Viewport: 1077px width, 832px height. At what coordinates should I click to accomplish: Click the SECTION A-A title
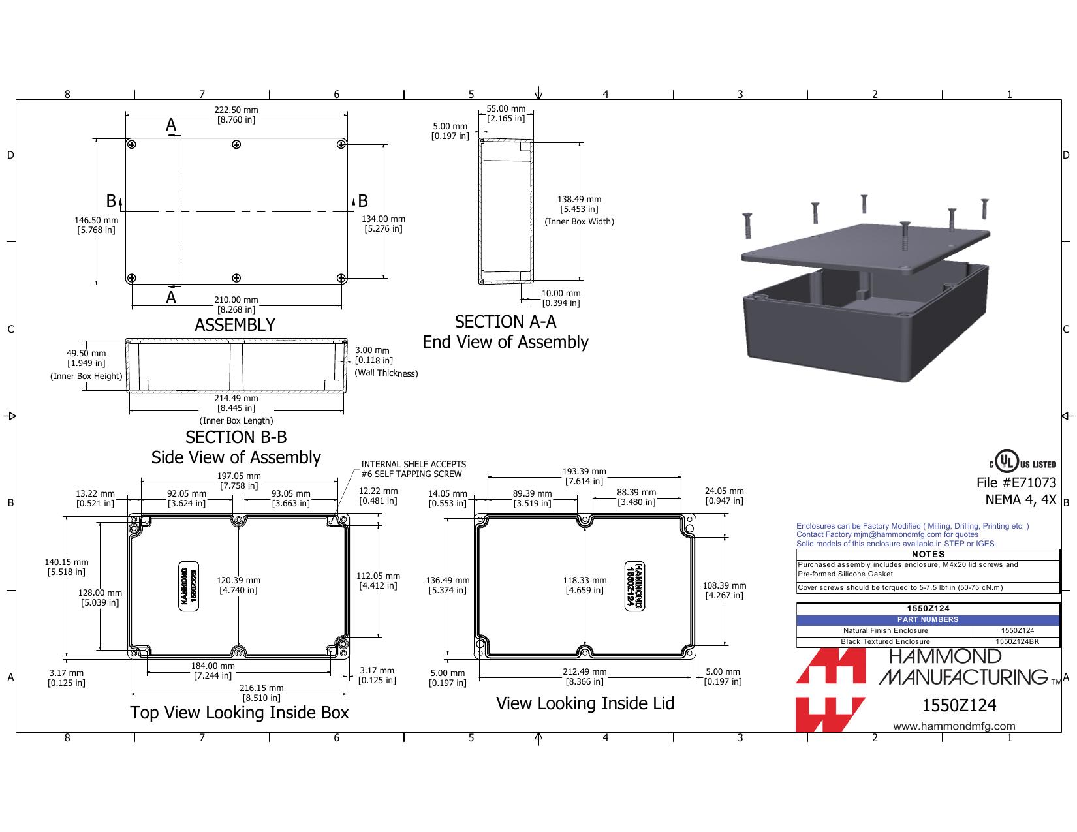tap(506, 322)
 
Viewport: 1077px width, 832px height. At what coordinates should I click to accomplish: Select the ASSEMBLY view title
tap(235, 325)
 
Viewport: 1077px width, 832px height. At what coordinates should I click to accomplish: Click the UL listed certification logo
tap(1023, 461)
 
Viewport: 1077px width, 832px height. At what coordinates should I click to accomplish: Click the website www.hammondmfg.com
tap(954, 726)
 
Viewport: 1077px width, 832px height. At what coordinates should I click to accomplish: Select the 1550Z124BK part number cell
tap(1017, 641)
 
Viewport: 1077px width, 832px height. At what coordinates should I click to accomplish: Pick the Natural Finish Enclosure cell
tap(885, 631)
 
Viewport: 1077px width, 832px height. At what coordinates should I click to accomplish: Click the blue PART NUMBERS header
tap(928, 619)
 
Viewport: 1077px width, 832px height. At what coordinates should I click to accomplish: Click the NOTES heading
tap(928, 555)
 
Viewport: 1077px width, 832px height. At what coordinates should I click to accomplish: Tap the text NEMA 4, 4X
tap(1020, 499)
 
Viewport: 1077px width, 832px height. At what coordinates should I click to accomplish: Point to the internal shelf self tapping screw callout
tap(413, 469)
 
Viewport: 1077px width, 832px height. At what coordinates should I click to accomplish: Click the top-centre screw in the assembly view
tap(236, 145)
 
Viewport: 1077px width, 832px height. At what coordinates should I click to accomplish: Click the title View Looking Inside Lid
tap(585, 703)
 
